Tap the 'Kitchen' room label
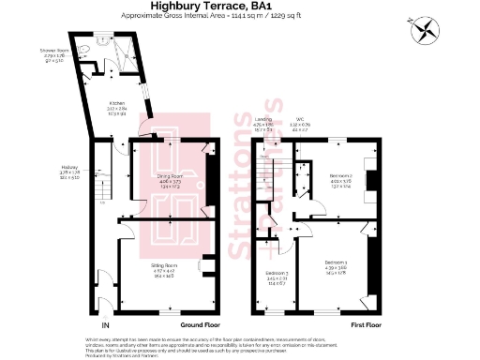tap(116, 103)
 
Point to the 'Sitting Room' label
tap(164, 265)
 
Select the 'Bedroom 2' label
tap(341, 175)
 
